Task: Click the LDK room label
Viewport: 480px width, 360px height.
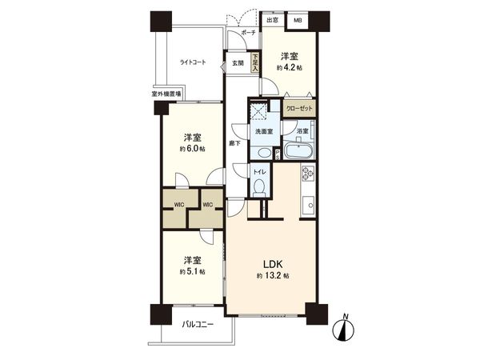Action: pos(269,263)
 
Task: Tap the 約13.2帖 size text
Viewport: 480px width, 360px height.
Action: pos(270,276)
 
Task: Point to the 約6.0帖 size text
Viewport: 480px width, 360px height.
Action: pos(192,149)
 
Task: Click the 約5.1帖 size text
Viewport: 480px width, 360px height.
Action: pos(191,272)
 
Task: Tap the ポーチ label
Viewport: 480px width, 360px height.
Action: pos(248,33)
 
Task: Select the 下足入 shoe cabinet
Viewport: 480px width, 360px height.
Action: pos(255,63)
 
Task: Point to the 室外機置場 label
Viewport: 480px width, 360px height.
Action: pos(165,94)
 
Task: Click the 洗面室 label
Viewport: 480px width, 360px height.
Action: pos(264,130)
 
